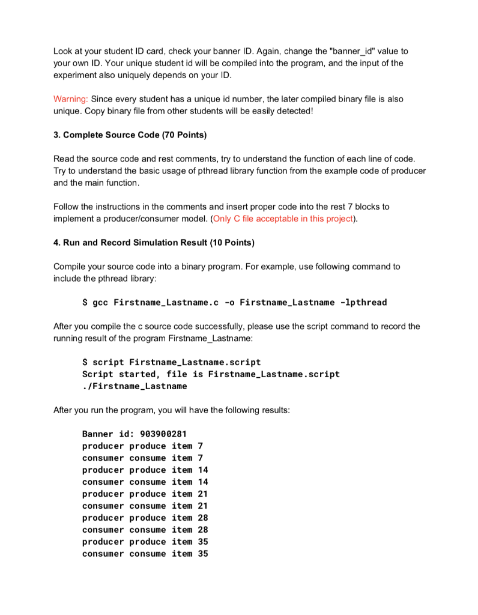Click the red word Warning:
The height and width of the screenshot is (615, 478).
click(71, 98)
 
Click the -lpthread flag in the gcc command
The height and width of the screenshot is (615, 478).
click(363, 302)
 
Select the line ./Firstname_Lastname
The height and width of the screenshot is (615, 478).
click(135, 386)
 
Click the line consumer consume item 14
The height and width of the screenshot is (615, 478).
click(145, 482)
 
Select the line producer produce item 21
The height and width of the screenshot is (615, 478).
click(145, 494)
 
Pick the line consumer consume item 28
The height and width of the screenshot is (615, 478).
click(145, 530)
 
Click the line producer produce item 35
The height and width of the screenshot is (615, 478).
click(145, 542)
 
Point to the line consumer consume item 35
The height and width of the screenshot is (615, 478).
click(145, 554)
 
